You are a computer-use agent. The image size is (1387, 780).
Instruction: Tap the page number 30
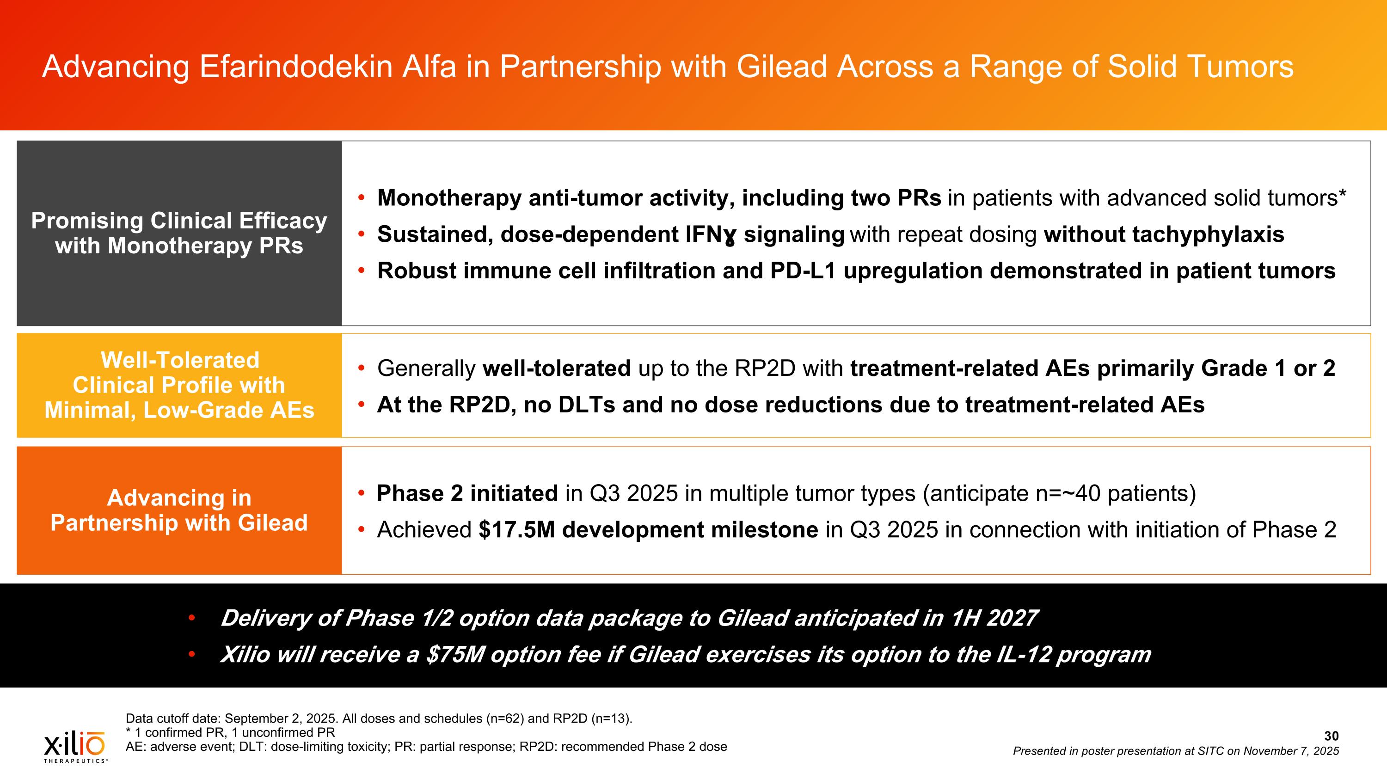tap(1331, 736)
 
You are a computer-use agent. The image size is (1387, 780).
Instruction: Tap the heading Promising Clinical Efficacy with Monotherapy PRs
tap(179, 233)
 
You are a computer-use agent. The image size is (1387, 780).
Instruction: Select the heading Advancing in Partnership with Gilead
tap(179, 510)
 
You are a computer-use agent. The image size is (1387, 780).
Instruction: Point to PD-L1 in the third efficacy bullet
tap(803, 271)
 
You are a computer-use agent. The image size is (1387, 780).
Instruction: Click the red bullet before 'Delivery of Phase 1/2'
tap(192, 619)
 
